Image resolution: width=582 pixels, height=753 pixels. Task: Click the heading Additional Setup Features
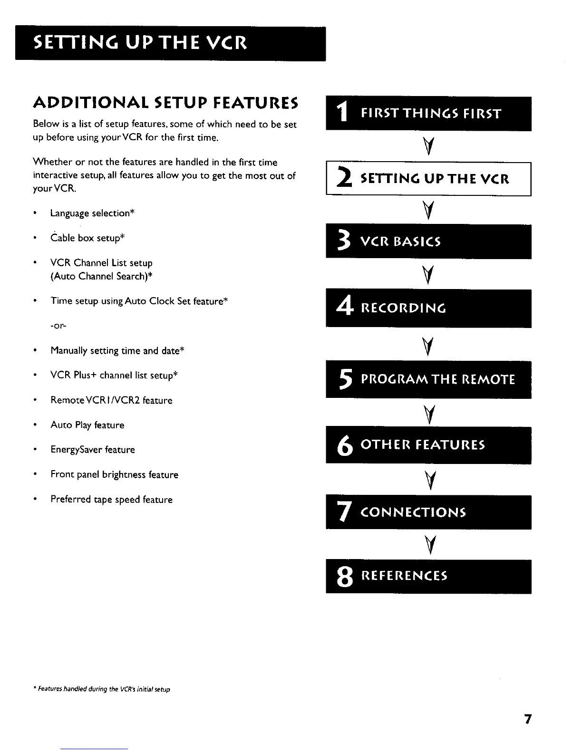(x=166, y=102)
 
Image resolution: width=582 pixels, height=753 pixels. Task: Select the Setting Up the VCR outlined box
(x=428, y=179)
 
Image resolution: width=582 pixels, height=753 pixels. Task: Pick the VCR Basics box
(x=428, y=241)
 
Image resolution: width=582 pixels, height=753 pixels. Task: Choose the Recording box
(x=428, y=308)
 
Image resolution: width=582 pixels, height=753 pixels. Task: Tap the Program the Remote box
(x=428, y=379)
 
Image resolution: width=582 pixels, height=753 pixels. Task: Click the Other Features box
(x=428, y=445)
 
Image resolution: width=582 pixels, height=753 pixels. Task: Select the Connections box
(x=428, y=512)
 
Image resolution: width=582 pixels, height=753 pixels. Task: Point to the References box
(x=428, y=576)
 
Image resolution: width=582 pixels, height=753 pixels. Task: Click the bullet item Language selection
(x=93, y=213)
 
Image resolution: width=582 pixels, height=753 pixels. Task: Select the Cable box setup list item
(x=87, y=238)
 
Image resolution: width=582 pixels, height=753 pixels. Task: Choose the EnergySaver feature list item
(x=93, y=450)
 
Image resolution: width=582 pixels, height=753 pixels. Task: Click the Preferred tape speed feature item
(x=111, y=500)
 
